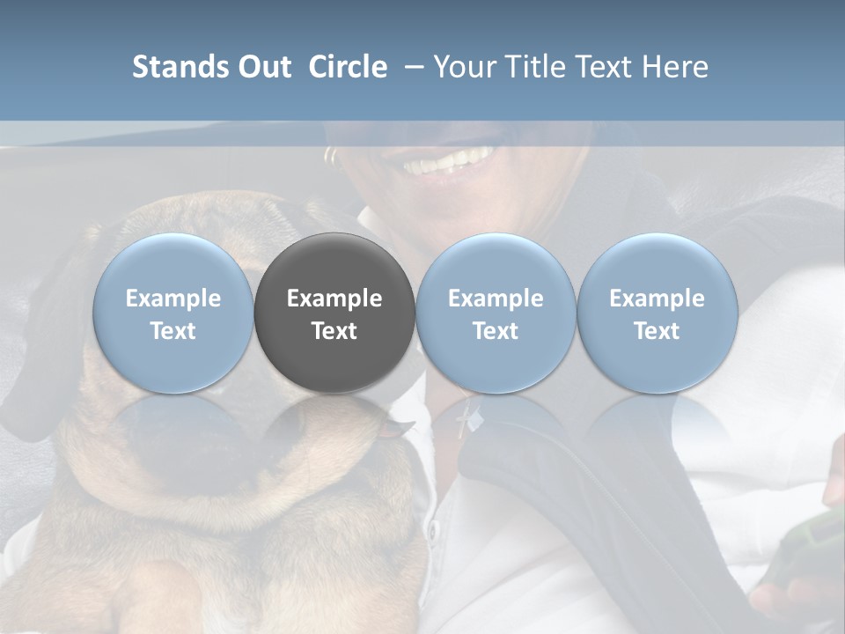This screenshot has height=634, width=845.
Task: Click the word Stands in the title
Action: [x=173, y=67]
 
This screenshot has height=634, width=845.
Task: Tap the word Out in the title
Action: [x=262, y=67]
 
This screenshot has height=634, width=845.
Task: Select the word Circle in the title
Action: [x=348, y=67]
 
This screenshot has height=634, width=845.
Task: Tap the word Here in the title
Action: [x=674, y=67]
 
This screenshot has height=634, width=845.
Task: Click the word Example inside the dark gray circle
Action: [x=334, y=299]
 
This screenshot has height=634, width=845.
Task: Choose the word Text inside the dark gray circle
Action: [x=334, y=331]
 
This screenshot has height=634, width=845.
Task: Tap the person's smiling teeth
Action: [x=449, y=161]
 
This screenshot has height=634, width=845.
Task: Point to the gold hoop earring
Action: [x=330, y=157]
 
